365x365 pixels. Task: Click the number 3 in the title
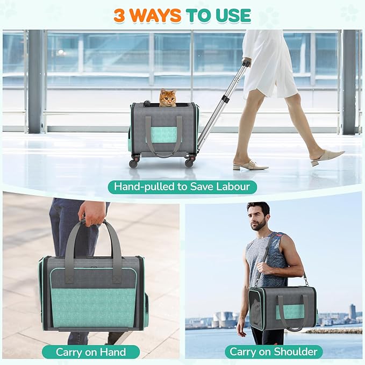pyautogui.click(x=119, y=16)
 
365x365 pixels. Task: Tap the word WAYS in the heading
pyautogui.click(x=155, y=16)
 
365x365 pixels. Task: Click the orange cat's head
pyautogui.click(x=168, y=97)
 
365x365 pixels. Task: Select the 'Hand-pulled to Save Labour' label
pyautogui.click(x=182, y=187)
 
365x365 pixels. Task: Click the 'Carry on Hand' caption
pyautogui.click(x=91, y=352)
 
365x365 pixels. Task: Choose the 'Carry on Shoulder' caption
pyautogui.click(x=273, y=352)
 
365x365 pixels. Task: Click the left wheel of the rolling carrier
pyautogui.click(x=133, y=162)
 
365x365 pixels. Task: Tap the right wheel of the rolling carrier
pyautogui.click(x=189, y=162)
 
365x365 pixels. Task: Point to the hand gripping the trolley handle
pyautogui.click(x=247, y=62)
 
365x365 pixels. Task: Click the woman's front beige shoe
pyautogui.click(x=251, y=166)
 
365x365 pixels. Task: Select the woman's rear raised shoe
pyautogui.click(x=327, y=157)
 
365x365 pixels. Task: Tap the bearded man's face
pyautogui.click(x=260, y=217)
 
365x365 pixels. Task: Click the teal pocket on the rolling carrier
pyautogui.click(x=163, y=134)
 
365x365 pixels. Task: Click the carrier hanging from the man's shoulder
pyautogui.click(x=282, y=307)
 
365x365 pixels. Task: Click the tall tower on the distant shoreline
pyautogui.click(x=352, y=312)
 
